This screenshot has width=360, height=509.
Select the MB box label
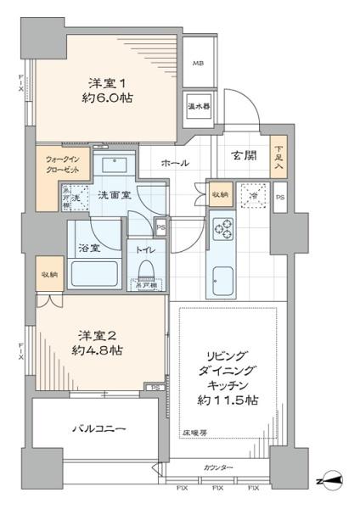click(197, 64)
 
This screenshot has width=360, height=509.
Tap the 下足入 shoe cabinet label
click(278, 159)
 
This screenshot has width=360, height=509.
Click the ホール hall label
click(175, 163)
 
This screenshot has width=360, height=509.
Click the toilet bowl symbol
click(143, 271)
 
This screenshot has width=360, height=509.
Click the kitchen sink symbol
click(223, 278)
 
